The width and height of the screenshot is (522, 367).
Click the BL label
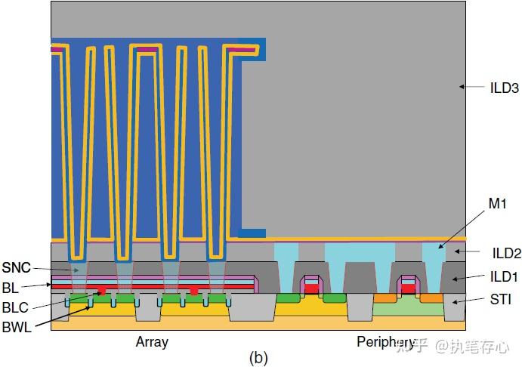tap(11, 288)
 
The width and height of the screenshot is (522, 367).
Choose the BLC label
tap(15, 307)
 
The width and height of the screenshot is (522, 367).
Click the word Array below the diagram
tap(152, 342)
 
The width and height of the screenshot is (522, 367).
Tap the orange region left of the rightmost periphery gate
tap(385, 298)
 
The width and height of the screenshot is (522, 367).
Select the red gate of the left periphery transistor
tap(310, 288)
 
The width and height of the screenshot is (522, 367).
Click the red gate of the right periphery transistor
tap(408, 288)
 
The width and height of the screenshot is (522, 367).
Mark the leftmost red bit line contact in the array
tap(101, 291)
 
